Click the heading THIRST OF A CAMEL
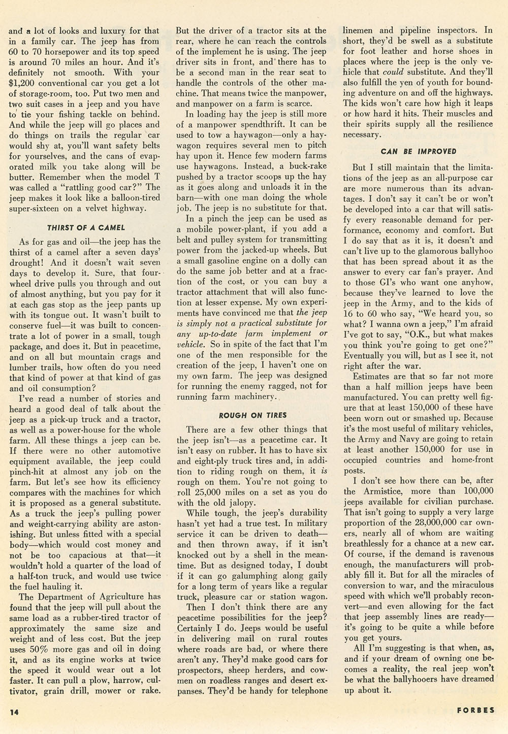tap(85, 228)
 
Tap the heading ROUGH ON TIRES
tap(252, 415)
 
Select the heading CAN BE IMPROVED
tap(419, 151)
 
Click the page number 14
tap(14, 712)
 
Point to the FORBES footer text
tap(475, 710)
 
